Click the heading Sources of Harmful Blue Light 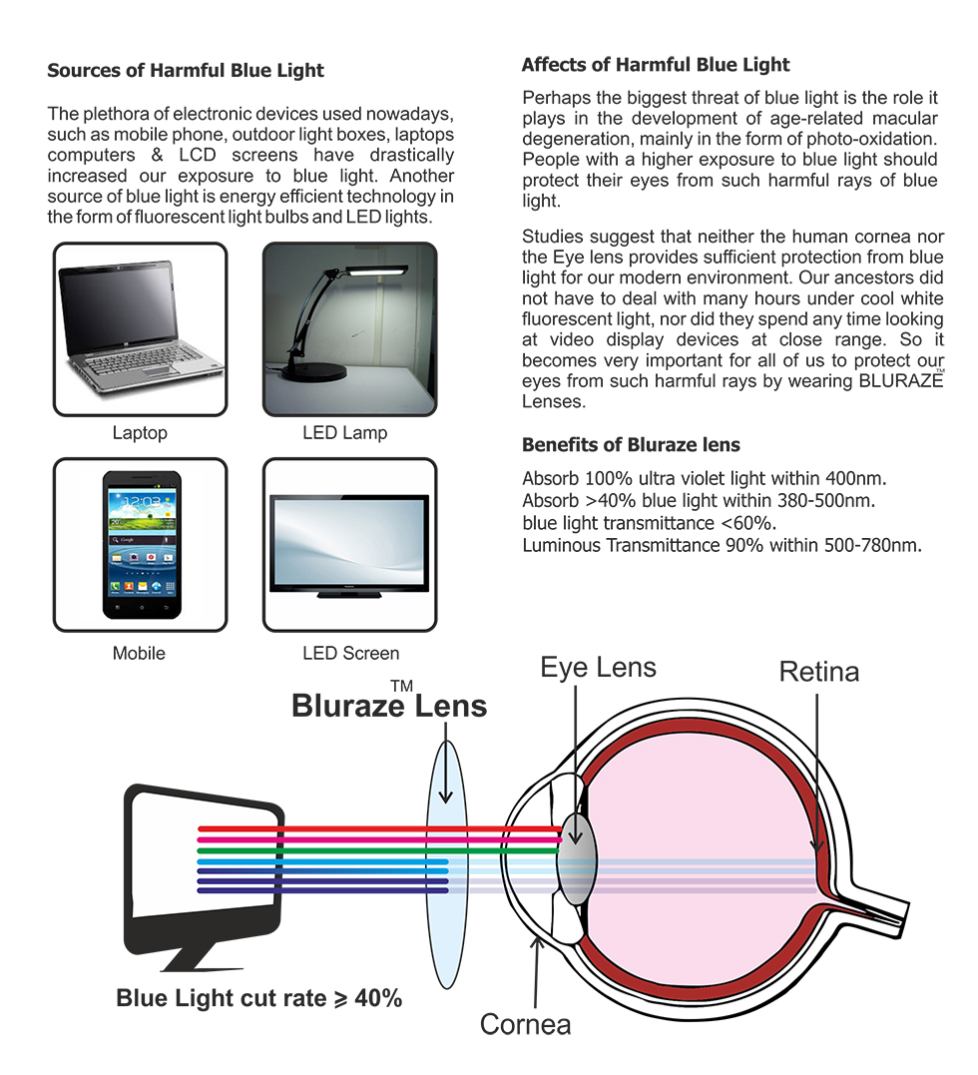[186, 71]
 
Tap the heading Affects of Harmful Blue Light [655, 65]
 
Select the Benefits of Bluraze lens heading [631, 444]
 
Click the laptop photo [140, 329]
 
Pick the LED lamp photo [349, 329]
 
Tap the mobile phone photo [140, 545]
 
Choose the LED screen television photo [349, 545]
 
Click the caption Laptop [140, 433]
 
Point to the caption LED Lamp [344, 433]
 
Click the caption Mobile [139, 654]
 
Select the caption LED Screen [350, 654]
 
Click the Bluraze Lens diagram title [389, 706]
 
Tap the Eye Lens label [598, 667]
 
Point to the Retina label [818, 672]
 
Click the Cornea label [526, 1024]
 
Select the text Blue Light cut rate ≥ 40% [259, 998]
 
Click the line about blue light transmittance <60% [649, 523]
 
